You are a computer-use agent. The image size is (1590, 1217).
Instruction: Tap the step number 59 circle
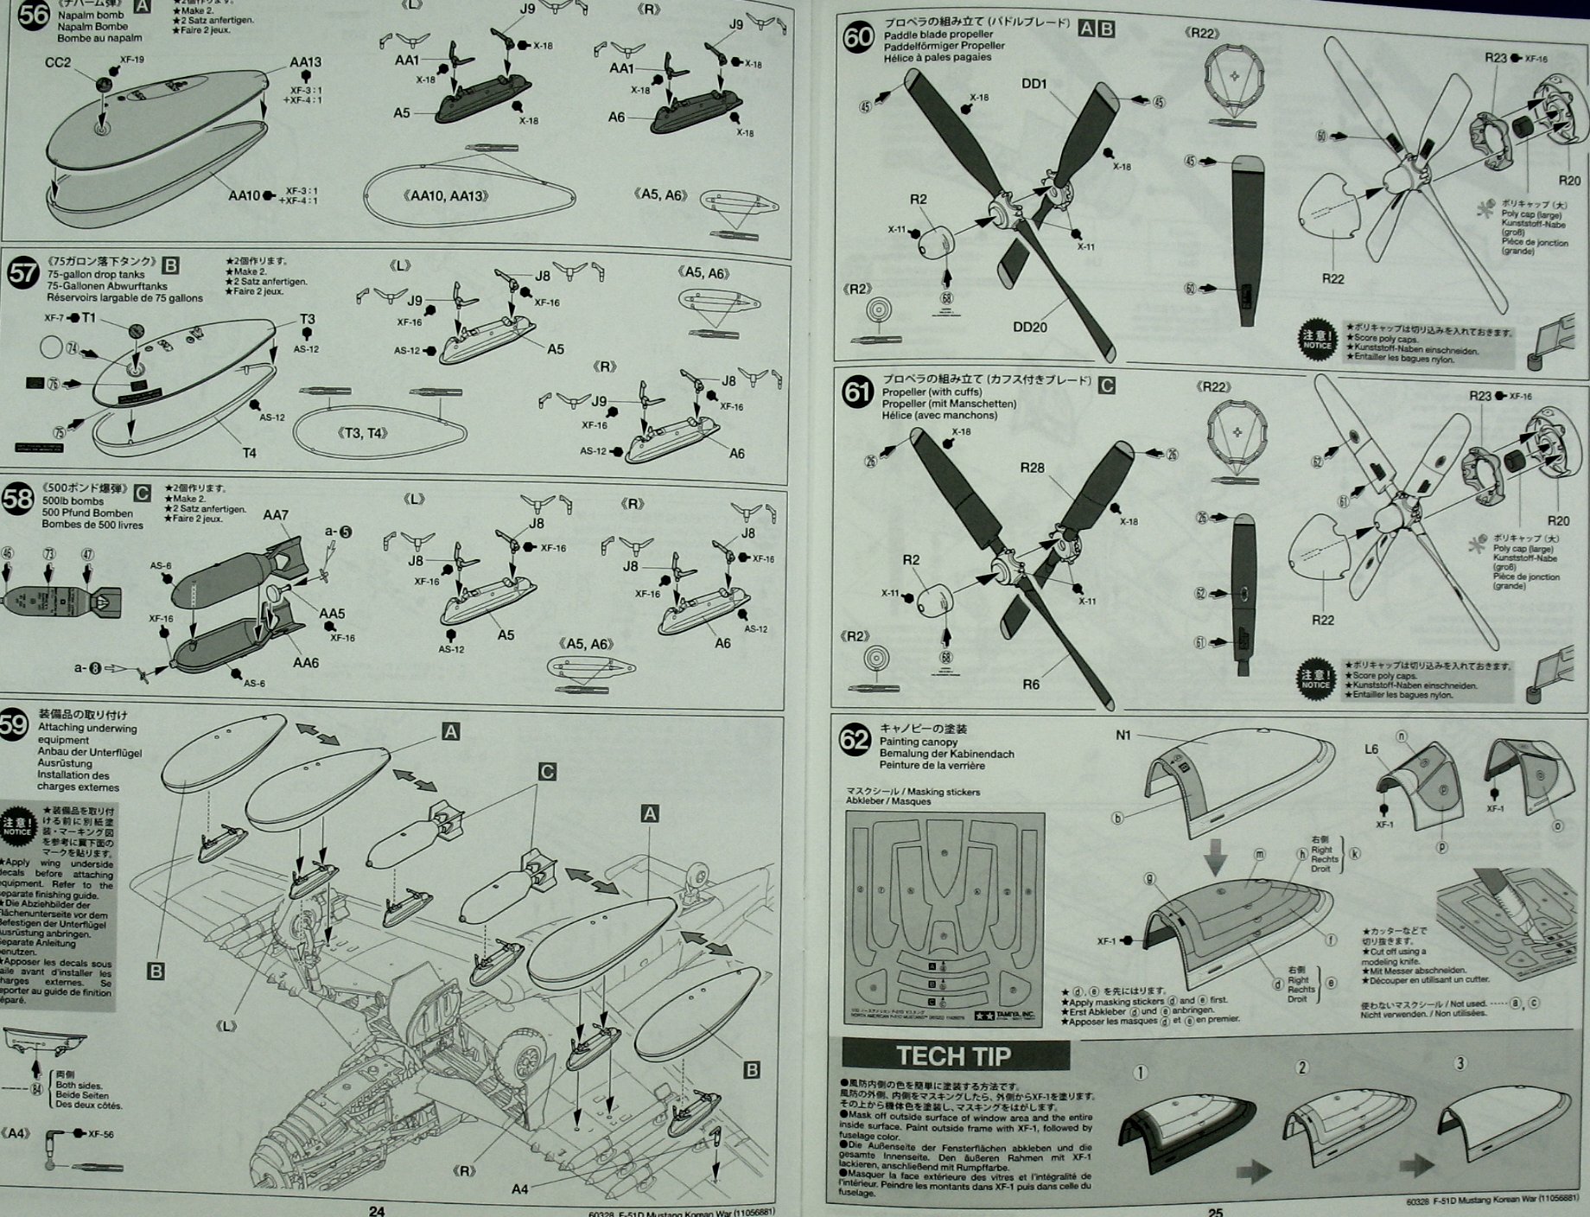(14, 724)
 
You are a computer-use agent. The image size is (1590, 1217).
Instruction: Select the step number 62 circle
(855, 741)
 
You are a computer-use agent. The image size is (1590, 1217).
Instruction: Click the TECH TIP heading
(954, 1056)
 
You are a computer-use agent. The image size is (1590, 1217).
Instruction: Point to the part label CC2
(58, 63)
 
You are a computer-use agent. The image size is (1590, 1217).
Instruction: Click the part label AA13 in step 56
(305, 62)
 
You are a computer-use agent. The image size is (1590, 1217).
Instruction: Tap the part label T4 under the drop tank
(249, 453)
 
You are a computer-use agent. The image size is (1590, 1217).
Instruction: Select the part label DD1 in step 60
(1033, 84)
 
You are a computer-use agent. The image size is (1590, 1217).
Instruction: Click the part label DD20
(1029, 327)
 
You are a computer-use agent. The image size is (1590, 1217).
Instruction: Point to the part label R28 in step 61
(1032, 468)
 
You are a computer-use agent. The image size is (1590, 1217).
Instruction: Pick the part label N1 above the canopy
(1123, 736)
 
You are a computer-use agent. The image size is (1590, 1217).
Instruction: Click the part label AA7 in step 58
(276, 515)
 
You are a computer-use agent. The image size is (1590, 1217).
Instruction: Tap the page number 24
(377, 1210)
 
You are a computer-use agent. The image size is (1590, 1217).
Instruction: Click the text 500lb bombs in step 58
(73, 501)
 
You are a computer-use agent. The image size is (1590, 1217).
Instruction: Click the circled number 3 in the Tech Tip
(1460, 1063)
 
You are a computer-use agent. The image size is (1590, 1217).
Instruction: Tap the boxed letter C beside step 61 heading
(1106, 385)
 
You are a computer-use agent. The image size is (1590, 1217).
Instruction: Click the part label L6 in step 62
(1371, 749)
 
